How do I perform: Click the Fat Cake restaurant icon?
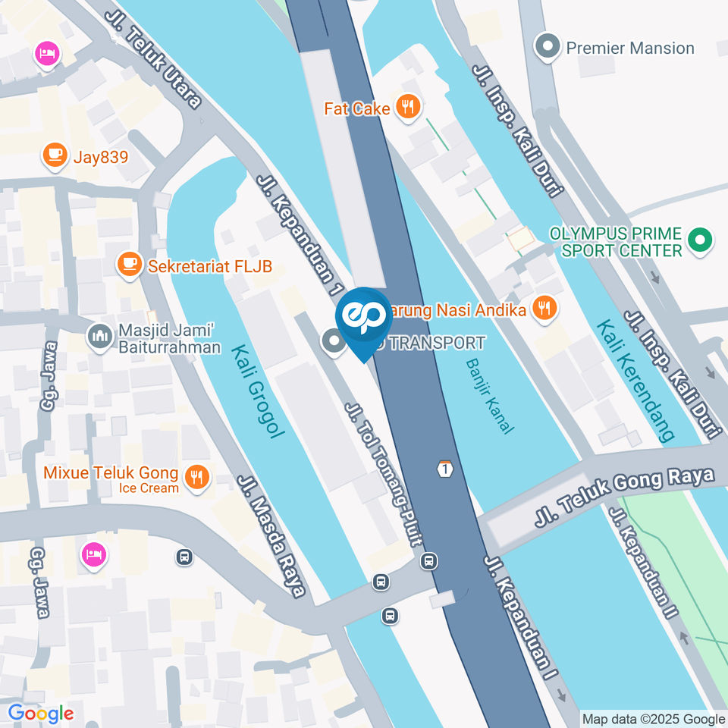point(408,108)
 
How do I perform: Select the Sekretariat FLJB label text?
point(209,266)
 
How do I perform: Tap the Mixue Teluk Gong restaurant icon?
point(197,479)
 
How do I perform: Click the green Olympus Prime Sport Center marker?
point(698,242)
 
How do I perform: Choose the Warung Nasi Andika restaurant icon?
point(543,309)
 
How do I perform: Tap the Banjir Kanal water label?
point(486,396)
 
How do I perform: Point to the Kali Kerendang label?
point(634,380)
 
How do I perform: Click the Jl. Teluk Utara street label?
point(153,58)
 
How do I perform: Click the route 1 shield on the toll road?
point(444,469)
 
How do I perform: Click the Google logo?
point(41,713)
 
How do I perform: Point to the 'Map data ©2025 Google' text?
point(653,719)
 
